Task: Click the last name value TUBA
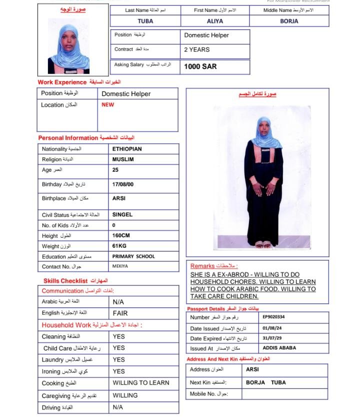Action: click(145, 22)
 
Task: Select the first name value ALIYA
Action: click(215, 22)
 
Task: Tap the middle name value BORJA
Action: click(289, 22)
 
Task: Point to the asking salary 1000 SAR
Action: click(200, 66)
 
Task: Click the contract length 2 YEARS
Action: click(197, 50)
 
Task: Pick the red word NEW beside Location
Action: click(108, 105)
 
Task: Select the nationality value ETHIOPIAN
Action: click(127, 149)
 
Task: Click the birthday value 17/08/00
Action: click(123, 185)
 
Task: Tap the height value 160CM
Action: click(121, 235)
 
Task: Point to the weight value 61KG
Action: click(119, 246)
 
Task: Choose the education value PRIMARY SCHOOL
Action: click(133, 256)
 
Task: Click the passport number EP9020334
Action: click(273, 317)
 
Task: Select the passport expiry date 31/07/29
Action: click(272, 338)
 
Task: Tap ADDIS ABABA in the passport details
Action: click(279, 348)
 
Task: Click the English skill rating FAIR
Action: click(120, 313)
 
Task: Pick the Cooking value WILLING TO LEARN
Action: click(141, 383)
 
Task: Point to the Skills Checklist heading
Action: click(65, 281)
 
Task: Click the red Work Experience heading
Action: click(62, 82)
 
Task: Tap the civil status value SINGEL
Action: click(122, 214)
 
